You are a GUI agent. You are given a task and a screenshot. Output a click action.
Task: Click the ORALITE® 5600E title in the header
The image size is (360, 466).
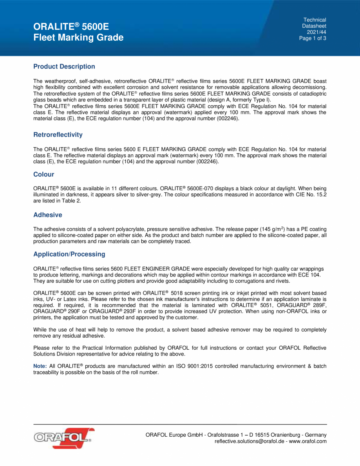point(71,27)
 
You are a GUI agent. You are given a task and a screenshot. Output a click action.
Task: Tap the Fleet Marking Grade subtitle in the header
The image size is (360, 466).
point(78,38)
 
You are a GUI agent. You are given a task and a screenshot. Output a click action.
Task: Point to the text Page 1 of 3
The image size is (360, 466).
point(313,38)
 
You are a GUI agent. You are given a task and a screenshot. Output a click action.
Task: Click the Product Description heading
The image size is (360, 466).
point(64,67)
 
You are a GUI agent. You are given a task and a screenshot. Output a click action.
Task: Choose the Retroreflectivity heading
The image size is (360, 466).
point(58,135)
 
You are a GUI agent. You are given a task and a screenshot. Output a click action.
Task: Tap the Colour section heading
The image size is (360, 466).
point(43,174)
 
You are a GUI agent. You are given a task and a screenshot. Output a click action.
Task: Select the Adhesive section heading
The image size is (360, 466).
point(47,215)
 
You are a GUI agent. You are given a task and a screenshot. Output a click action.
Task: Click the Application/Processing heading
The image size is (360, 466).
point(69,254)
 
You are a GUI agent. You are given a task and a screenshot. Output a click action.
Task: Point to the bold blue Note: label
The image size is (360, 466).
point(40,366)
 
